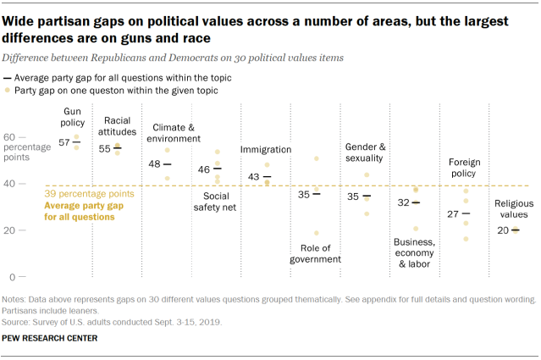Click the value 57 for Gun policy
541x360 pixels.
[x=63, y=141]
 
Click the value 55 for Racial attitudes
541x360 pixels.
[x=105, y=148]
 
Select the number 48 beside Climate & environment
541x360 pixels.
[x=155, y=164]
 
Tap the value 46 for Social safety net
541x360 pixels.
[x=204, y=169]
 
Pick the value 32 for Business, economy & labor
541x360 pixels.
[x=404, y=202]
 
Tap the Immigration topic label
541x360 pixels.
[x=266, y=150]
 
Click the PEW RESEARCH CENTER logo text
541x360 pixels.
[x=58, y=337]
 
